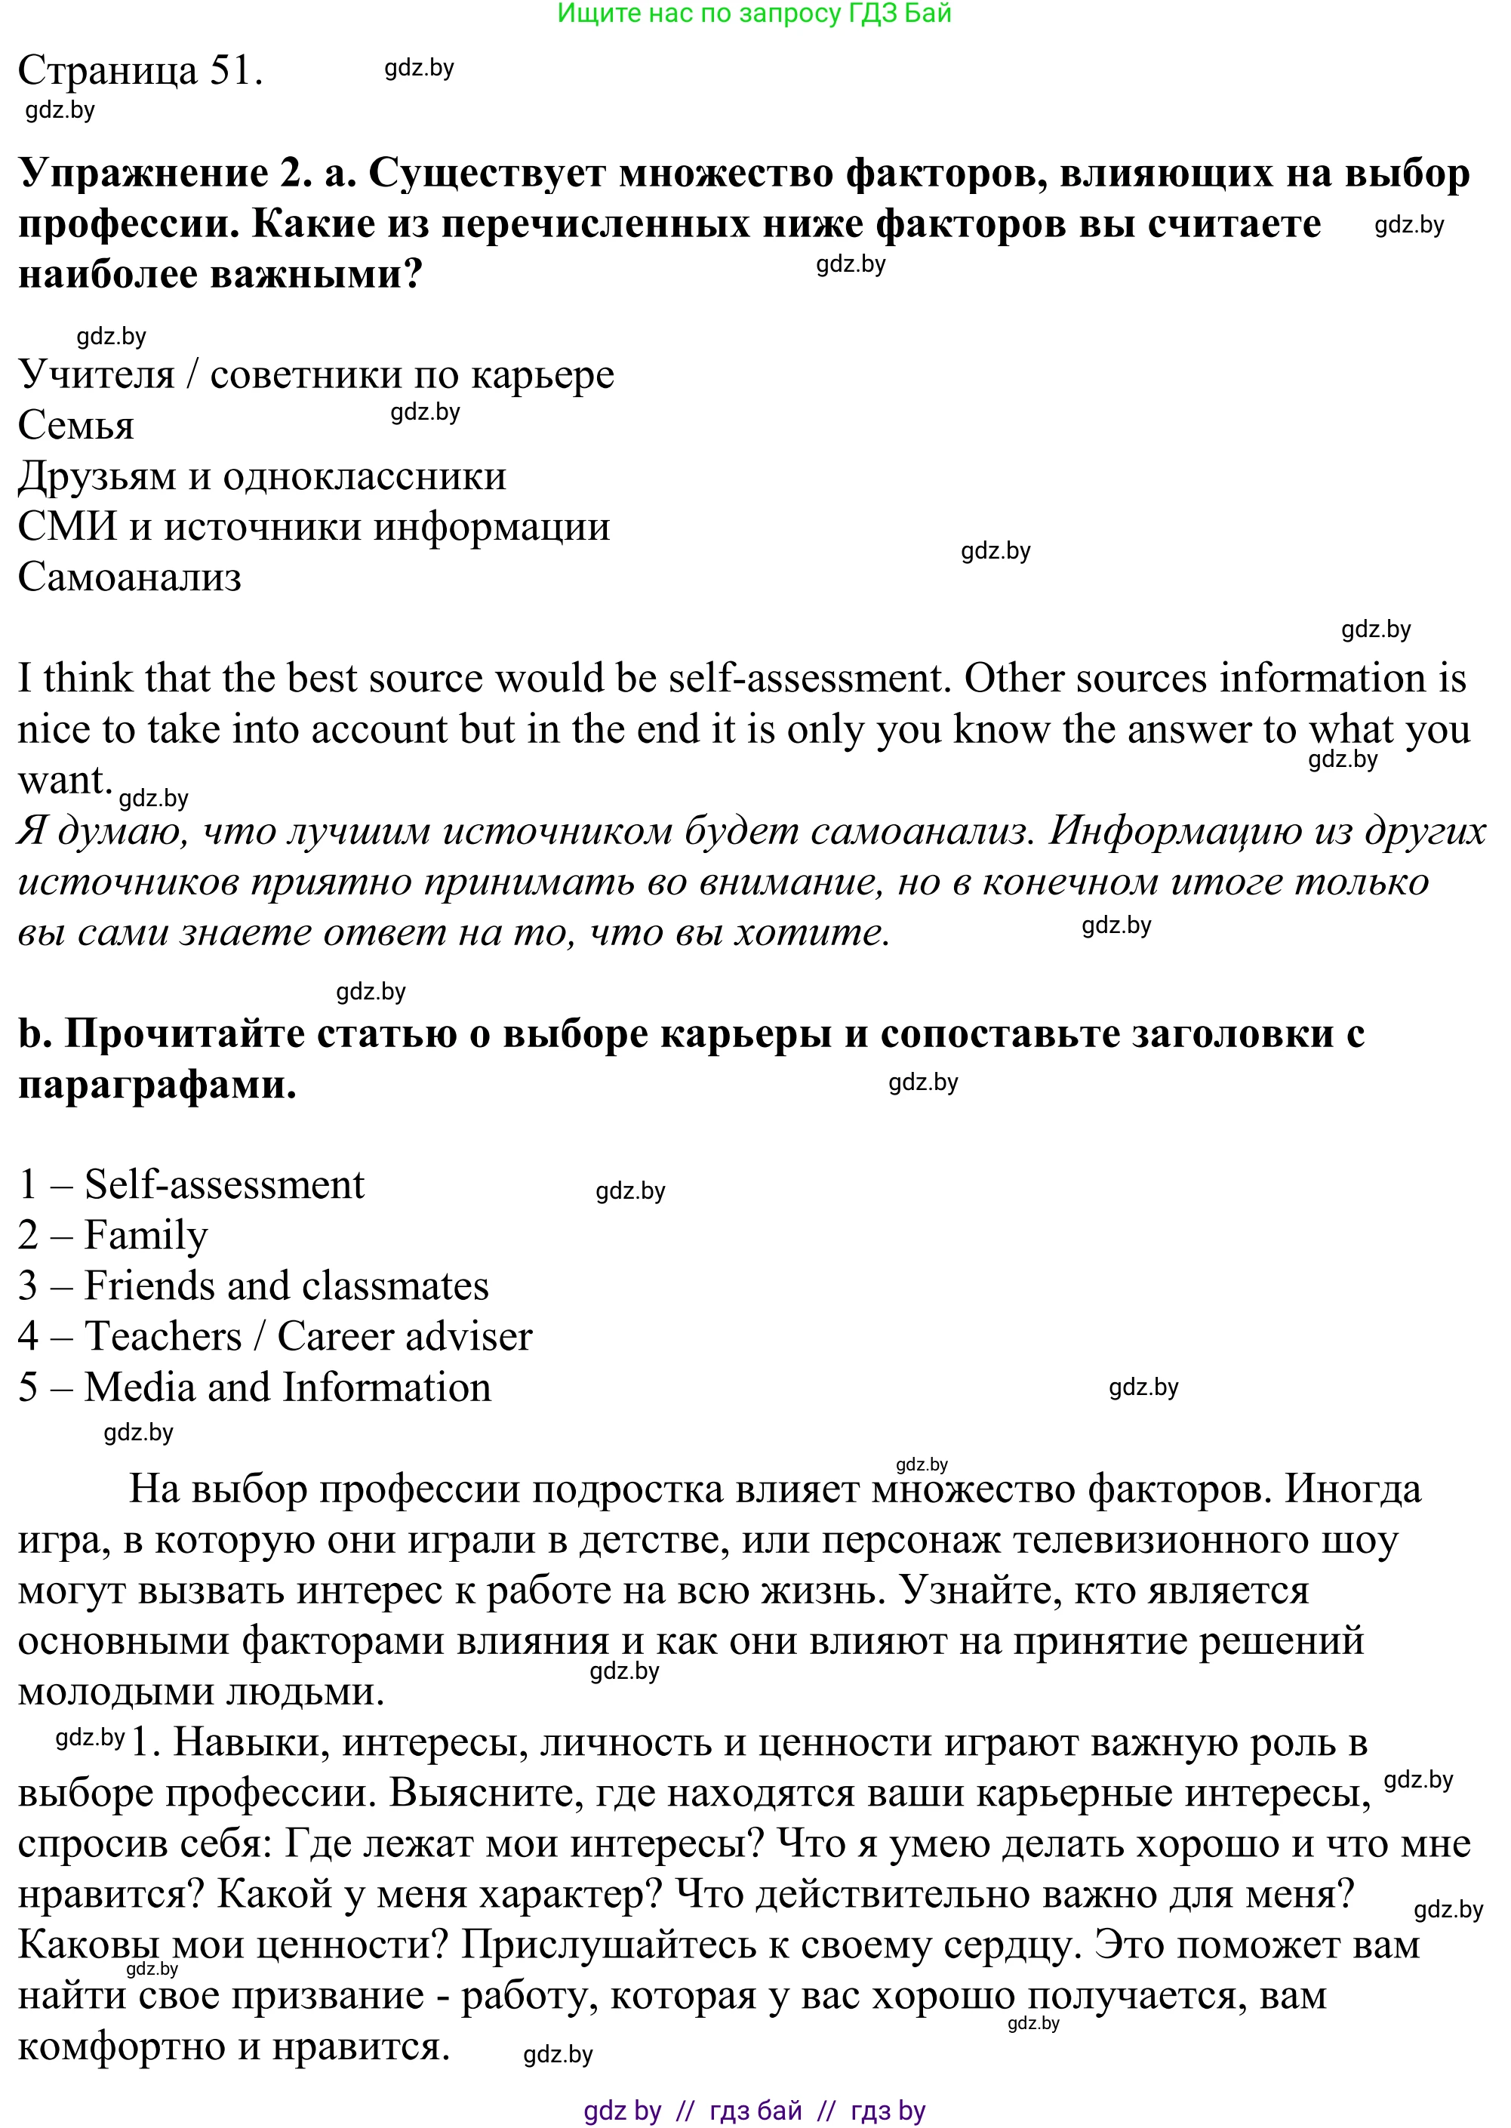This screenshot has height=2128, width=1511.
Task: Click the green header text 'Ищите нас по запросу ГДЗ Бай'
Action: pos(754,13)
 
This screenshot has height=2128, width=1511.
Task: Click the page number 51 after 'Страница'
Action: pos(236,71)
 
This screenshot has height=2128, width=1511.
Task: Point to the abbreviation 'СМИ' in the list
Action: pos(67,527)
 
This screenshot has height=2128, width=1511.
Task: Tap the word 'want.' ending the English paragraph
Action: pos(64,780)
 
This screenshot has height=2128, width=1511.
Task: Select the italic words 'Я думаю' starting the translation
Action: pos(103,831)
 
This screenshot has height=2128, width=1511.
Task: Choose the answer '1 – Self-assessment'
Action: pos(191,1184)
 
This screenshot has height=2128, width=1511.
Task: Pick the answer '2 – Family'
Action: pos(112,1236)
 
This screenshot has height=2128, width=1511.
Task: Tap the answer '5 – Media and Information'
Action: pos(254,1387)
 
